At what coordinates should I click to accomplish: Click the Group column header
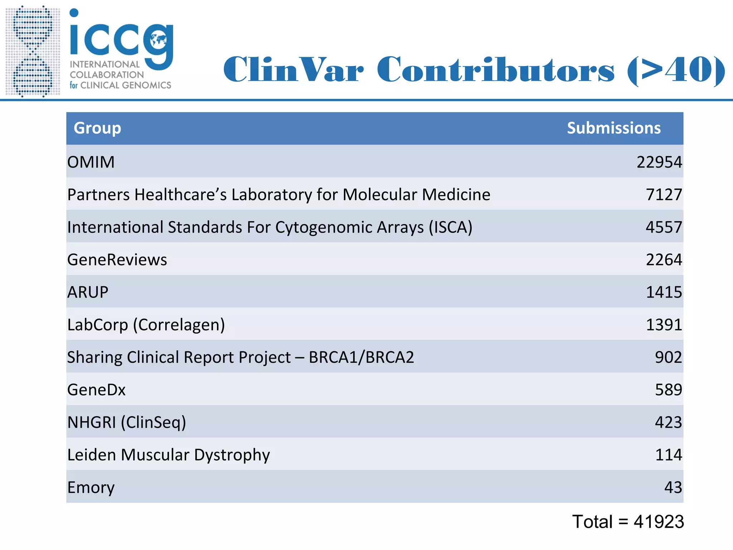[97, 128]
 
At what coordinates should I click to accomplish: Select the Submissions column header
[613, 128]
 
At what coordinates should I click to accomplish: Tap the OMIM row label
[91, 162]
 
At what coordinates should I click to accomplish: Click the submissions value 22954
[659, 162]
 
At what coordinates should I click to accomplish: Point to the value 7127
[664, 195]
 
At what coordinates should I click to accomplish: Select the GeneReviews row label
[117, 260]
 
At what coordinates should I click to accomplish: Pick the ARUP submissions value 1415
[664, 292]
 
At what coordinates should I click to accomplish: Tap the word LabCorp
[97, 325]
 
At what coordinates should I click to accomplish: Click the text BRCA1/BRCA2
[361, 357]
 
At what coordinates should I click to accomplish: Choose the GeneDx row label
[96, 390]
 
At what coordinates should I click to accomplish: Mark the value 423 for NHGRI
[668, 423]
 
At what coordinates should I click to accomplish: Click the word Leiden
[92, 455]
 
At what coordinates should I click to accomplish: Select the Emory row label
[91, 488]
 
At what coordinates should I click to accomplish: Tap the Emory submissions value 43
[673, 488]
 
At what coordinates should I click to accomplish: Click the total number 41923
[659, 522]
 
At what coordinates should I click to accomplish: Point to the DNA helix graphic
[33, 51]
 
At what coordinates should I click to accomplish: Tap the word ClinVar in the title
[293, 69]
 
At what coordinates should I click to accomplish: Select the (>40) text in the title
[676, 70]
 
